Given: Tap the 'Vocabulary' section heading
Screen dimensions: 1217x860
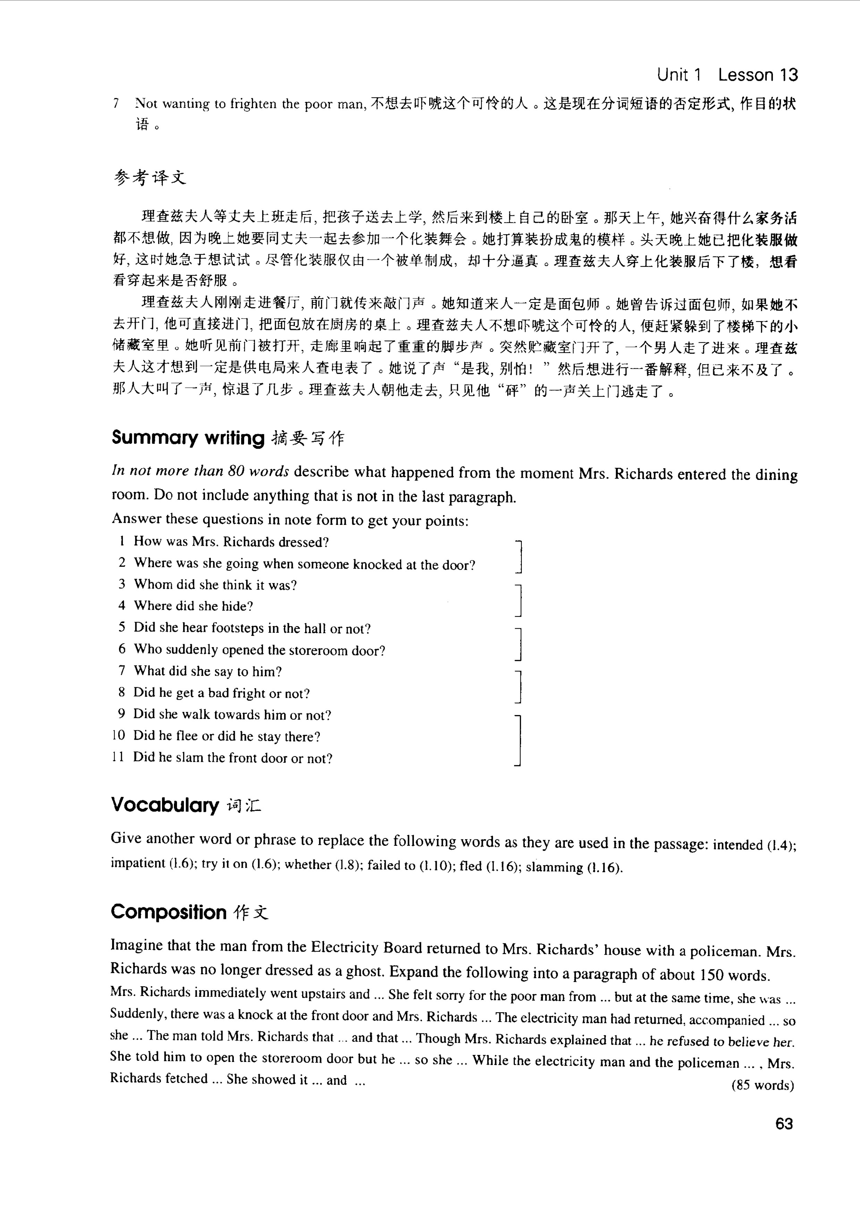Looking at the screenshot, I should pos(165,805).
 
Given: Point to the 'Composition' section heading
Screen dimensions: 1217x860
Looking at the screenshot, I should pos(169,912).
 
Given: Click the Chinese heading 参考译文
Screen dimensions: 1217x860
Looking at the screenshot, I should pos(150,178).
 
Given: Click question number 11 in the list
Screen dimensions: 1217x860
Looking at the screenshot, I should pos(118,757).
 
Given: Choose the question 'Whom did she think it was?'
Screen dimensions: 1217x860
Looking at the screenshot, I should pos(215,585).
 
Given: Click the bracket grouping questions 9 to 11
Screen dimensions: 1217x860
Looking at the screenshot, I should pos(519,740).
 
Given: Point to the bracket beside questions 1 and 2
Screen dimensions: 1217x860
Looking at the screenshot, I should pos(519,556).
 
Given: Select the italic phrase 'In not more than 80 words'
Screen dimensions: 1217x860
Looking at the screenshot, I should pos(200,471).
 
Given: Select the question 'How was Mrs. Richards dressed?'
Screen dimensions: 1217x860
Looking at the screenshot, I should pos(231,542).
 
